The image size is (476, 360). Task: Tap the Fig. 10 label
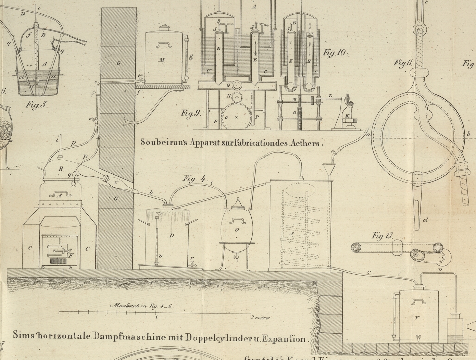tap(335, 53)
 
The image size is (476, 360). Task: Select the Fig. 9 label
tap(191, 113)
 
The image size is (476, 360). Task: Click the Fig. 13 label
tap(382, 236)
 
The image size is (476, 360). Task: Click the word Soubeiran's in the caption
tap(159, 142)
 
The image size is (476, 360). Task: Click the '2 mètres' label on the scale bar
tap(260, 318)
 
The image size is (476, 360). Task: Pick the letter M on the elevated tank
tap(162, 60)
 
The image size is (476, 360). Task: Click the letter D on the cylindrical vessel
tap(171, 236)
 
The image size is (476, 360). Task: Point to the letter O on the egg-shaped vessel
tap(237, 230)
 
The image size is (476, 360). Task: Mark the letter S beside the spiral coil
tap(292, 233)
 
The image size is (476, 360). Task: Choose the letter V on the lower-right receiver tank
tap(417, 318)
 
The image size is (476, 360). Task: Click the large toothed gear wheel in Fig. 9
tap(236, 118)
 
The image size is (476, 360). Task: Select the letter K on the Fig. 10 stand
tap(347, 116)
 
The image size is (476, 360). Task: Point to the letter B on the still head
tap(61, 169)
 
